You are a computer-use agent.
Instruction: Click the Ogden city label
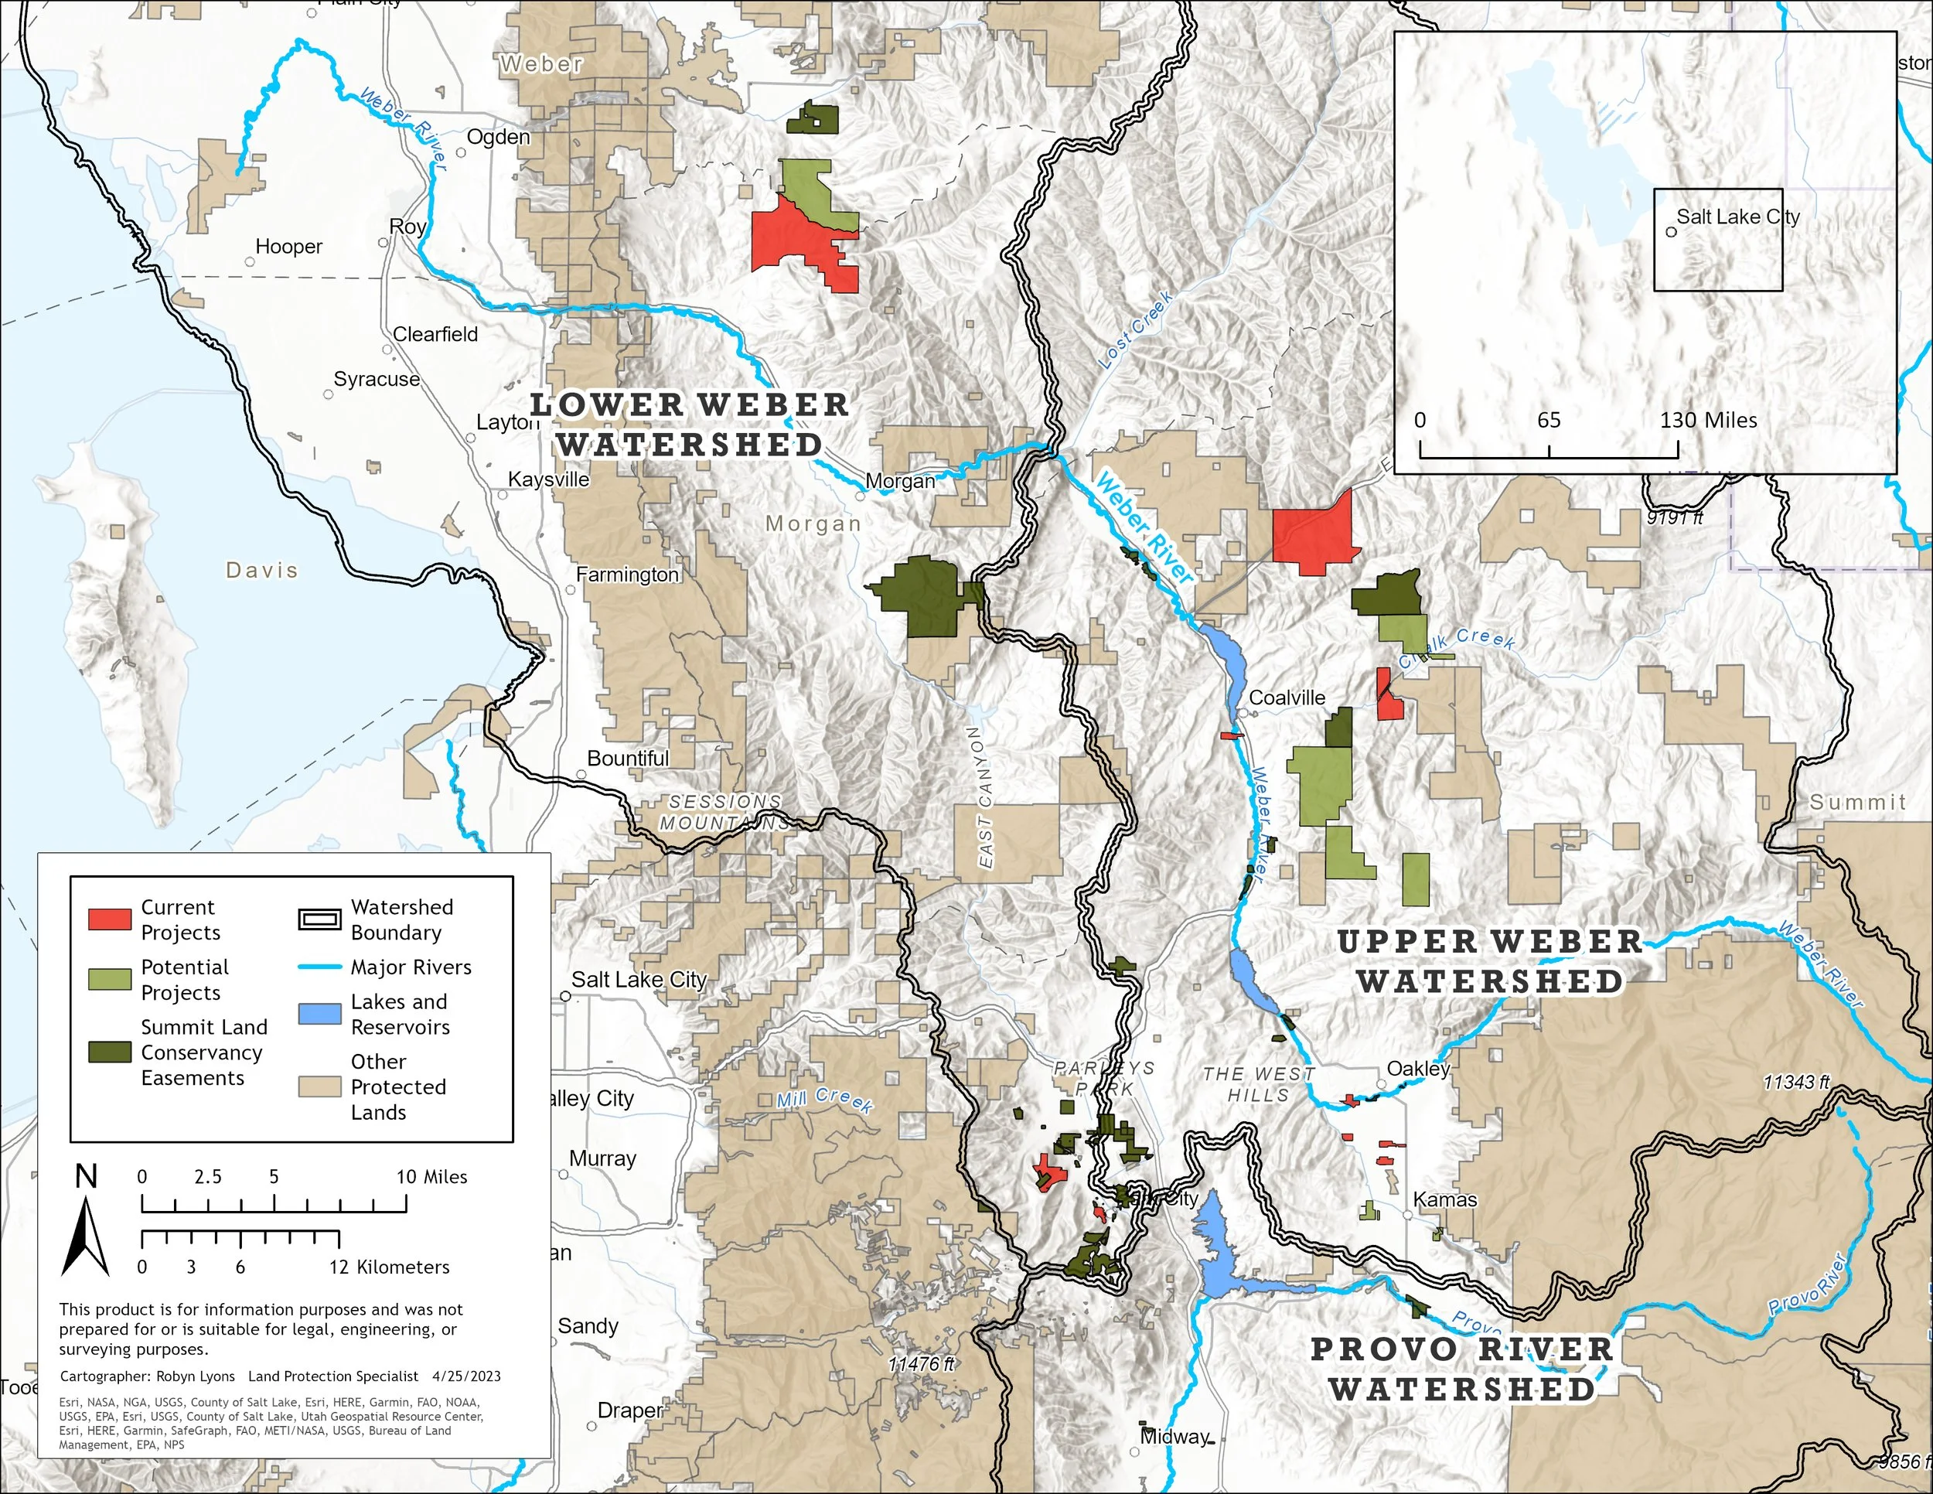[498, 137]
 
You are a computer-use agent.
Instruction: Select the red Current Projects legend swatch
[110, 919]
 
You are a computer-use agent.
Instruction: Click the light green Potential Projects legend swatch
[110, 979]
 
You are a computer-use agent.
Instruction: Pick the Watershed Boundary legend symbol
[319, 919]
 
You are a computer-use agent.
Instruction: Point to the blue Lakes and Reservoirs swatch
[319, 1014]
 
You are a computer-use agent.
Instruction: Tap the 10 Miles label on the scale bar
[432, 1176]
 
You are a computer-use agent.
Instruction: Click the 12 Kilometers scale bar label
[390, 1267]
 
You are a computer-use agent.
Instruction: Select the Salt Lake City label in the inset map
[1737, 217]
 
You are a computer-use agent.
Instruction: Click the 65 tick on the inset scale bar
[1549, 421]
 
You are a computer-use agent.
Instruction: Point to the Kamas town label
[1444, 1199]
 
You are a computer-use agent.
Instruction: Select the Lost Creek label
[1136, 329]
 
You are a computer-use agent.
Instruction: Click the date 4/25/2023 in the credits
[466, 1376]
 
